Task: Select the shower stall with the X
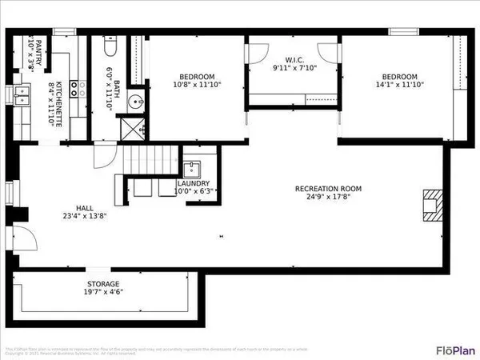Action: coord(134,127)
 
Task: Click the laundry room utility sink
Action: coord(191,168)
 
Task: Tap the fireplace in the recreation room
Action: coord(432,205)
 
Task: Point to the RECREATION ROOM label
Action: coord(328,189)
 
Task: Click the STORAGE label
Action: coord(103,284)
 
